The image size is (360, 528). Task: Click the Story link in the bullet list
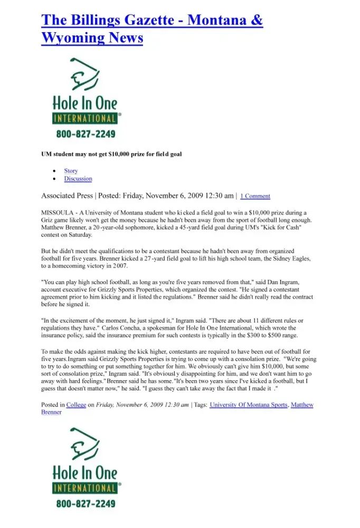[71, 171]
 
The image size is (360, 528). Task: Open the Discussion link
[78, 178]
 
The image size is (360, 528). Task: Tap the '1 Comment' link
[255, 196]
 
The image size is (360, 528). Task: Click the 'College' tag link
[76, 405]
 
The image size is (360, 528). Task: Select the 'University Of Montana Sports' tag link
[249, 405]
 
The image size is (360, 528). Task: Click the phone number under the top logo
[86, 134]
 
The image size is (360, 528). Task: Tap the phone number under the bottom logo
[86, 503]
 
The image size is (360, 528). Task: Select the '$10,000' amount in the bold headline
[121, 154]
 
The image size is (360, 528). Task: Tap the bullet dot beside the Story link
[54, 171]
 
